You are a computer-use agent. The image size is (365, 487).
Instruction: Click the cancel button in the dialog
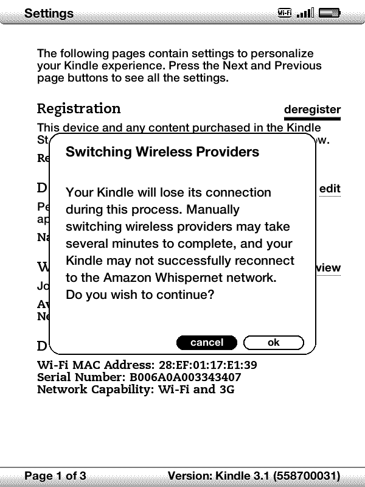[207, 343]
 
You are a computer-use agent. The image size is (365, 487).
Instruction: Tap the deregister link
[312, 110]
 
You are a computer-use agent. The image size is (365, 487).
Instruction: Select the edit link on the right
[330, 189]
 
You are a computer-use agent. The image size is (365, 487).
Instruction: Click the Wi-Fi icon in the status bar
[284, 13]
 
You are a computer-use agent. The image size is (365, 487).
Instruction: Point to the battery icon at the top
[329, 13]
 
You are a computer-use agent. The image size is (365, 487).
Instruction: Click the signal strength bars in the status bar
[305, 13]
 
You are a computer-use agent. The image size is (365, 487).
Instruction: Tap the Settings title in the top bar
[49, 13]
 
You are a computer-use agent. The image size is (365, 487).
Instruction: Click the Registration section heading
[79, 109]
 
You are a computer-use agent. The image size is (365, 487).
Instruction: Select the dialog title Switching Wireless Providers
[162, 152]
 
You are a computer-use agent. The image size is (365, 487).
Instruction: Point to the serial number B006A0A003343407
[185, 377]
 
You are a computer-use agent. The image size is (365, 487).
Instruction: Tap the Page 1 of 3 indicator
[55, 475]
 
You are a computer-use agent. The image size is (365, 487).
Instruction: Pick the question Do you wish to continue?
[140, 295]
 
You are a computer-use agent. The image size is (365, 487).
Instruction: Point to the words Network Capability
[94, 389]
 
